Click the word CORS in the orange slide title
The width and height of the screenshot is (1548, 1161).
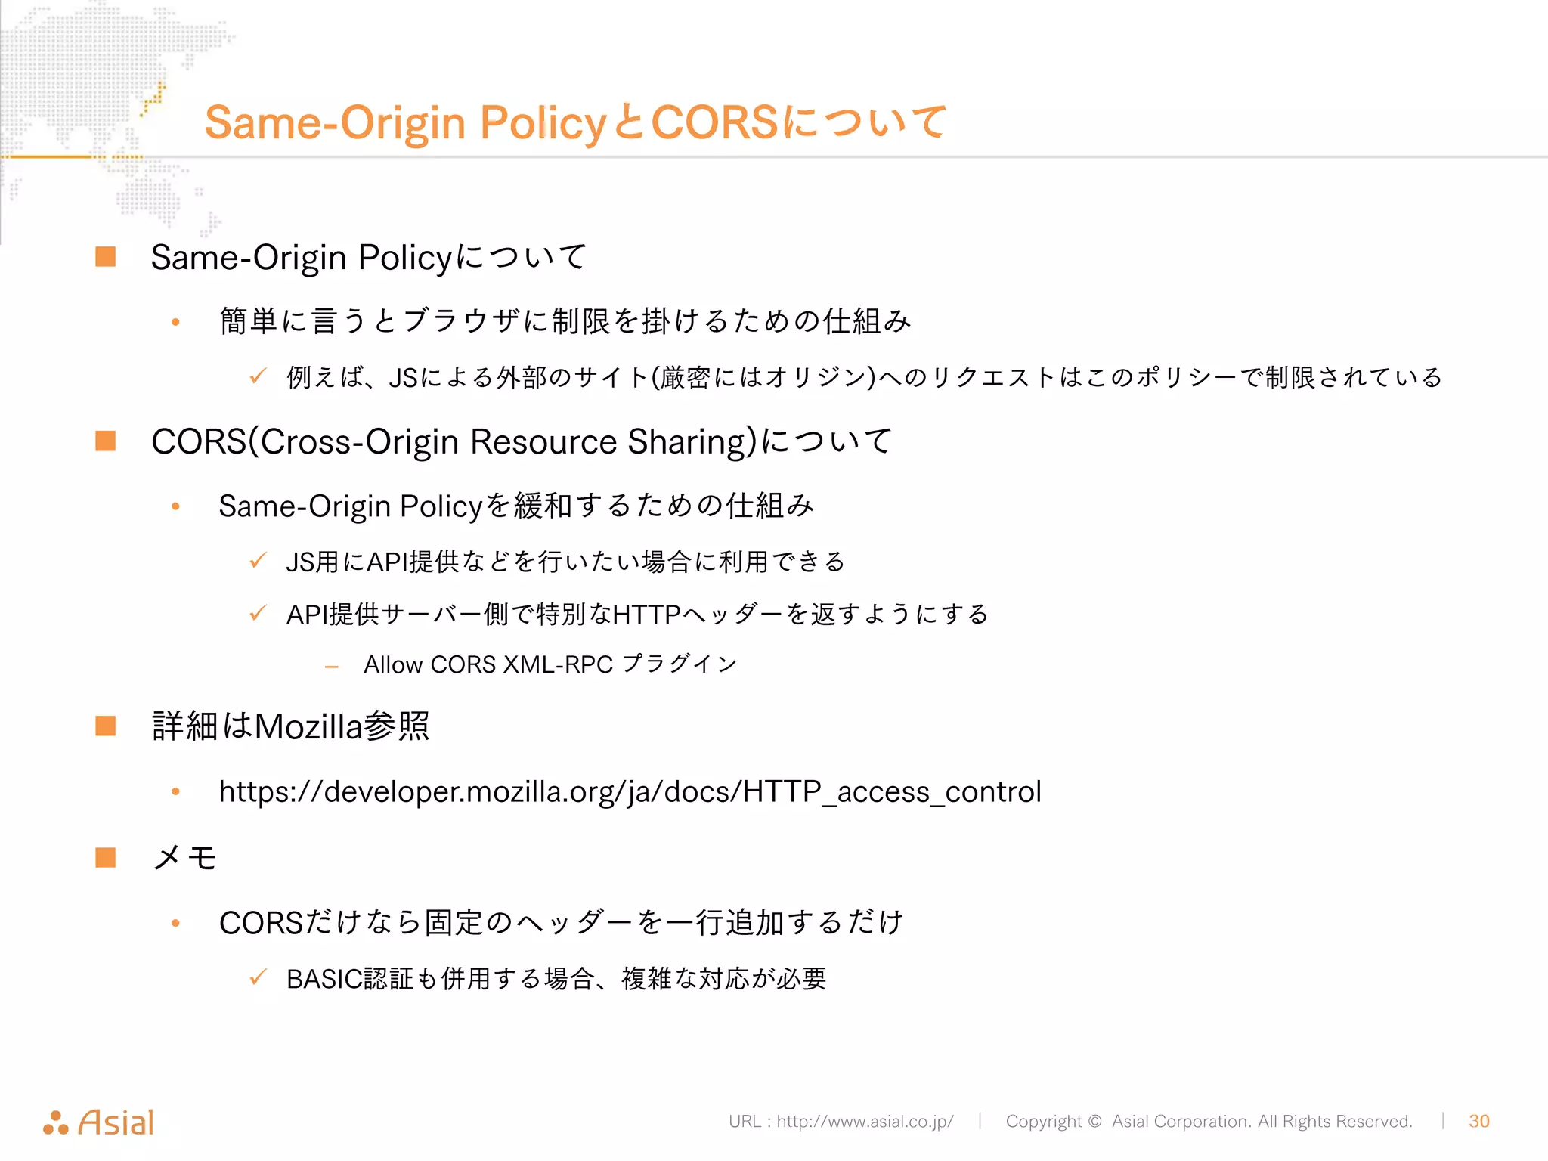click(x=714, y=122)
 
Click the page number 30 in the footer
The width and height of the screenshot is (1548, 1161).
click(x=1478, y=1121)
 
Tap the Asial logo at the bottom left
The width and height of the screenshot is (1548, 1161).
click(x=99, y=1122)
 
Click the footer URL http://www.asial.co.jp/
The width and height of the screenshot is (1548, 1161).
click(x=865, y=1121)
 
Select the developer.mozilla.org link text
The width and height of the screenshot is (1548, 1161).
click(x=630, y=791)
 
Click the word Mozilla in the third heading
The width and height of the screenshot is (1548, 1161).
click(x=308, y=726)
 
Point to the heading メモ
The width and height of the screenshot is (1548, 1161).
click(x=184, y=858)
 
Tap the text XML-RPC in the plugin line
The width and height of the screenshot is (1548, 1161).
click(x=558, y=664)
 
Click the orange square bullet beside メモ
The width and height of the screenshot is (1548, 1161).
click(x=106, y=858)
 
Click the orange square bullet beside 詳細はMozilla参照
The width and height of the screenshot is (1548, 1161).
click(x=106, y=726)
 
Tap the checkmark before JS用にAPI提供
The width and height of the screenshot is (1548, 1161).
click(x=258, y=560)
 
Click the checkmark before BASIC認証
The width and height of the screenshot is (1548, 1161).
click(x=258, y=977)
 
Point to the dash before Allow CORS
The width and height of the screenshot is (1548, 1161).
click(x=331, y=666)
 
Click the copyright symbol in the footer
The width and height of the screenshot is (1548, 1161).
click(x=1094, y=1121)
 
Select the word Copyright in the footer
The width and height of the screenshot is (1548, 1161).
click(x=1043, y=1121)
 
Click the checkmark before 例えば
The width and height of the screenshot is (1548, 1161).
click(x=258, y=376)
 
